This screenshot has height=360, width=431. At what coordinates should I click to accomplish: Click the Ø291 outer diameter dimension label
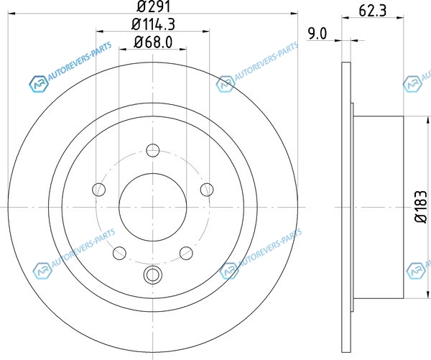click(154, 6)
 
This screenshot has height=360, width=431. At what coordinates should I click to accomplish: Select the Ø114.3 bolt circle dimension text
click(153, 24)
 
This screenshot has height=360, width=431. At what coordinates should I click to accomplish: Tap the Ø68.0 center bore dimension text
click(153, 42)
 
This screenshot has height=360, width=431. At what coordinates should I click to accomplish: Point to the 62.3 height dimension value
click(372, 11)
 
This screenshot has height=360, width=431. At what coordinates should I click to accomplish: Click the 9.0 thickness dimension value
click(318, 34)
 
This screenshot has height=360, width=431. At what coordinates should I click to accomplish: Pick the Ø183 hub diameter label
click(421, 207)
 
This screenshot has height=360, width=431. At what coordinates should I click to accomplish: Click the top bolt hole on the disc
click(153, 150)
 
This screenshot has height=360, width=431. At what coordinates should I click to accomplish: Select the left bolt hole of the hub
click(99, 190)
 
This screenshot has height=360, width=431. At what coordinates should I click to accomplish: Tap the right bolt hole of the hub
click(207, 190)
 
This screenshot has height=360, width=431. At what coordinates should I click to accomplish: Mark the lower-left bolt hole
click(119, 253)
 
